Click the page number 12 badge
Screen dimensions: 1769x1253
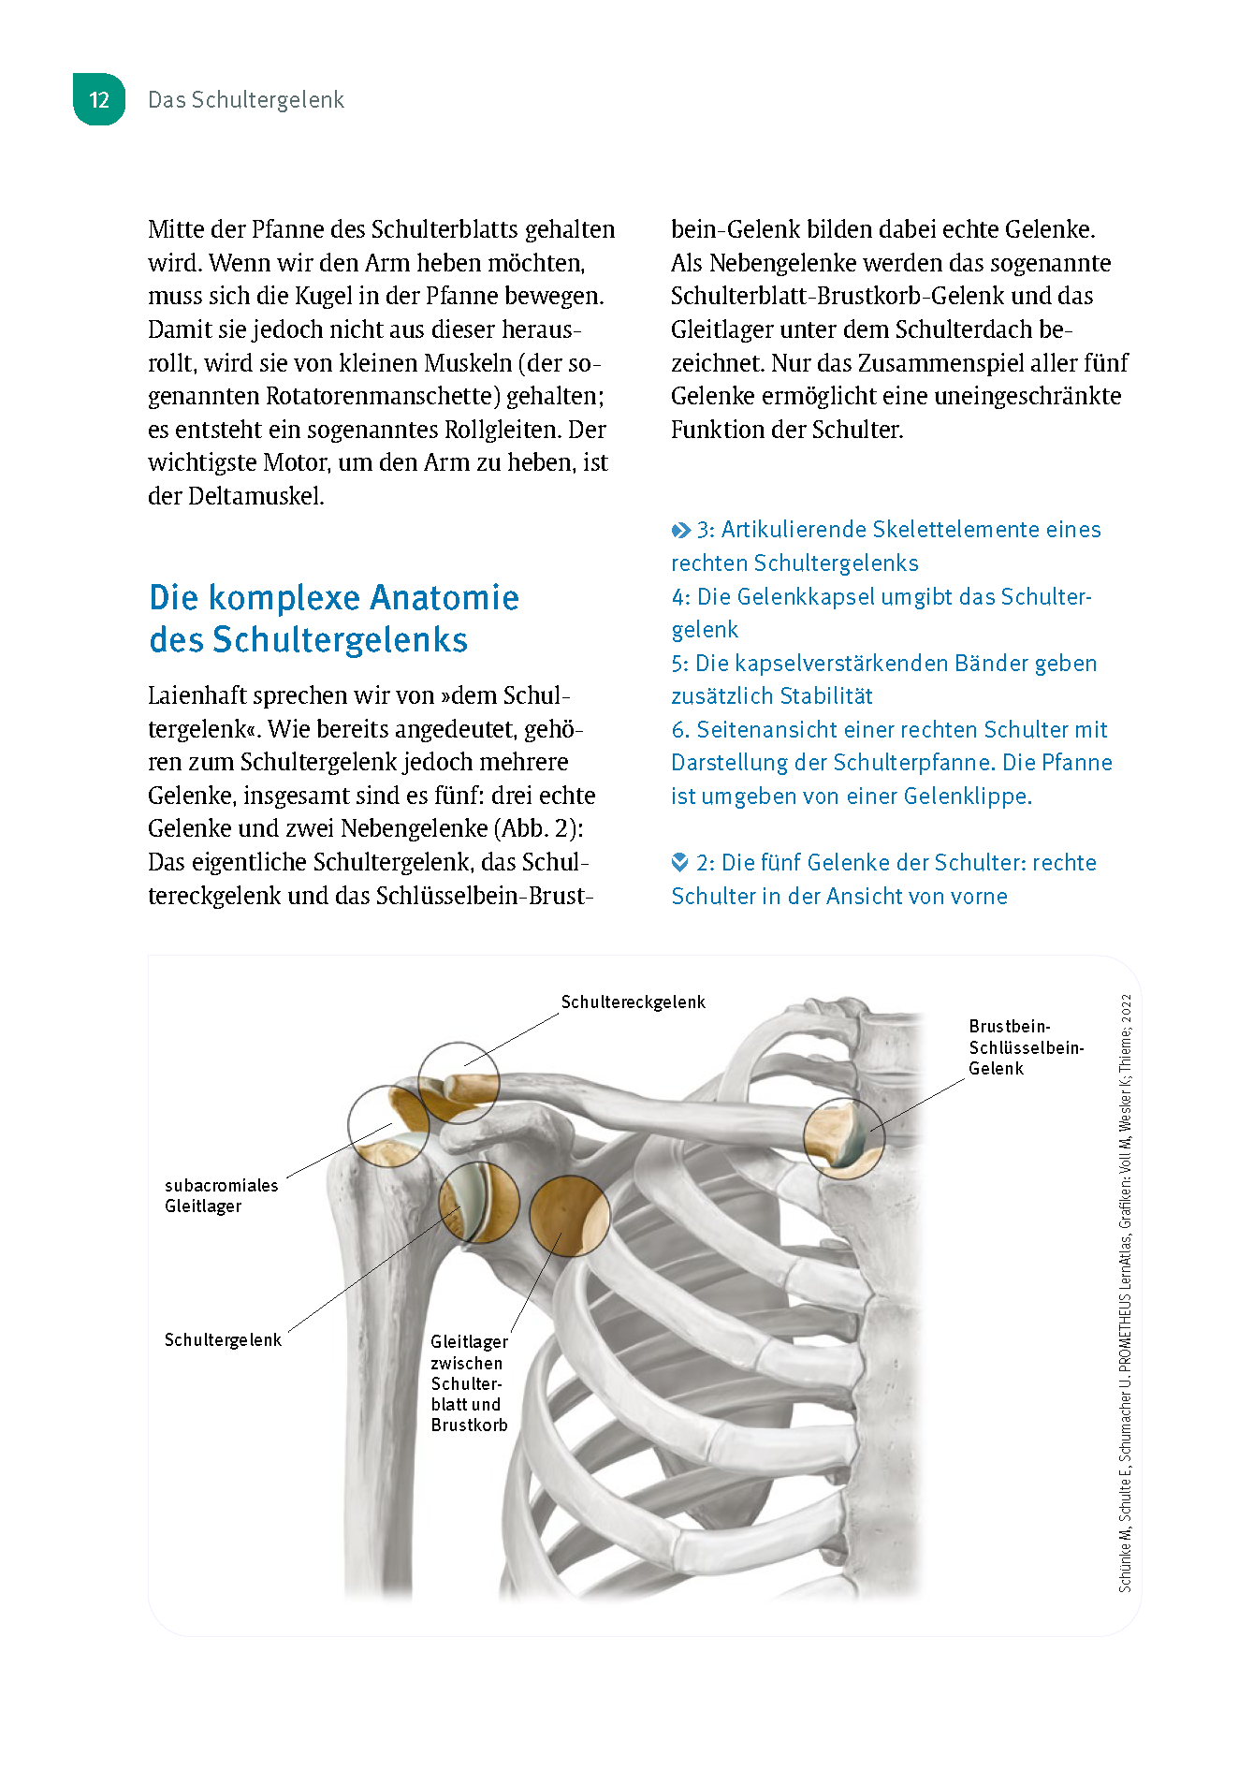pos(99,100)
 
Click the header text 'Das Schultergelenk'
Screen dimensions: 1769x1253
pos(246,100)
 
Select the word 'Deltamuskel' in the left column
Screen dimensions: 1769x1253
pos(255,496)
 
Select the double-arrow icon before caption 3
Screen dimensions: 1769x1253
pos(681,531)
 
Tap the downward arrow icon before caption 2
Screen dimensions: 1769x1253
pos(680,862)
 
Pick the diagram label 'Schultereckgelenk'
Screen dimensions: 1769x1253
pos(633,1002)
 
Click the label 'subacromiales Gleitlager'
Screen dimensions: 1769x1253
pos(221,1195)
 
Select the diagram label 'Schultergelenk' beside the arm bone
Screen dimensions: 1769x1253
pos(223,1340)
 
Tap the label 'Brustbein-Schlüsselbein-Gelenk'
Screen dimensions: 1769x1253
pos(1026,1047)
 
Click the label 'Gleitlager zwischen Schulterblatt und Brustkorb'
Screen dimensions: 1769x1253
pos(469,1383)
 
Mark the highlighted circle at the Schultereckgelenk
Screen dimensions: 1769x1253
pos(458,1082)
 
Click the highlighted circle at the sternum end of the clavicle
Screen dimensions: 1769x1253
pos(843,1138)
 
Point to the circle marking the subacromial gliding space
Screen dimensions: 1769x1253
pos(387,1125)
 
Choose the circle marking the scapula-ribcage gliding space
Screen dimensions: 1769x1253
pos(569,1215)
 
